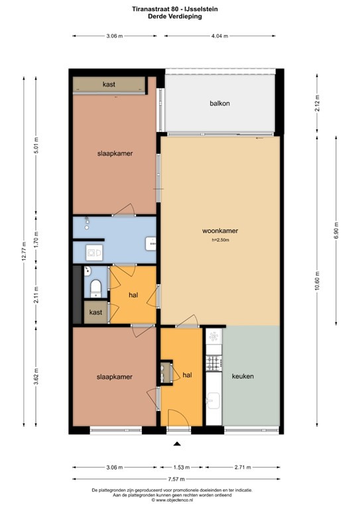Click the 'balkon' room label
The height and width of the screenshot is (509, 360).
click(x=219, y=103)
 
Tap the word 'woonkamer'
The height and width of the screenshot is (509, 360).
click(x=220, y=231)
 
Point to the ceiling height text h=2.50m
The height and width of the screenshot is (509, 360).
click(x=220, y=240)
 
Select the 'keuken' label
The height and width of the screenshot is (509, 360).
click(x=243, y=376)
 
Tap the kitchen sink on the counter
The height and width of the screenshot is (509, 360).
click(x=213, y=401)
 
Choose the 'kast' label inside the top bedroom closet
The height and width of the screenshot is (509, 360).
click(x=110, y=85)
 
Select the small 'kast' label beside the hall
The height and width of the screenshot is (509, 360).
click(x=95, y=311)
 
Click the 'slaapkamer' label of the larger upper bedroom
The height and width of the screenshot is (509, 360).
click(x=114, y=153)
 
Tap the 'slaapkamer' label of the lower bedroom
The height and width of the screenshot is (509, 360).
click(x=114, y=376)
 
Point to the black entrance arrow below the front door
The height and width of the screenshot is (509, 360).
click(x=177, y=445)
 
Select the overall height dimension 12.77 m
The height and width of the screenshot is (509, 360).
click(x=25, y=252)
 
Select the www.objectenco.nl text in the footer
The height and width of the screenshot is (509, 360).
click(x=180, y=500)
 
